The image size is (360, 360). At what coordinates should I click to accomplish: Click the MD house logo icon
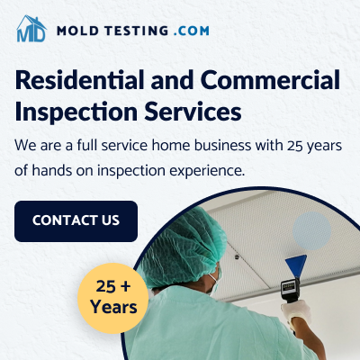(31, 29)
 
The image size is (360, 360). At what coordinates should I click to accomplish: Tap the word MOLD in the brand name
(77, 31)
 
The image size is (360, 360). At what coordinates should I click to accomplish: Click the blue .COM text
(192, 31)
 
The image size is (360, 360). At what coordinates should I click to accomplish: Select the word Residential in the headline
(80, 80)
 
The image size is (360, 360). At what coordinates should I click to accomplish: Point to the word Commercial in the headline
(271, 80)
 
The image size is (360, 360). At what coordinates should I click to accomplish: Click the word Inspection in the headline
(76, 112)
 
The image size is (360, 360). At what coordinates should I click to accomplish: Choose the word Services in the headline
(193, 112)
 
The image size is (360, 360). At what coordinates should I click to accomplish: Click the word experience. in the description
(207, 171)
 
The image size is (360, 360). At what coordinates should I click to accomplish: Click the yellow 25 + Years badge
(113, 298)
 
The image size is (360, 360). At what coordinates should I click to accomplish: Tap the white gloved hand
(296, 313)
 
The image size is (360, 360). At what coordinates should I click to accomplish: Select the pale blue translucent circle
(311, 230)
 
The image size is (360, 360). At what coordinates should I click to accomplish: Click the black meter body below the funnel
(290, 290)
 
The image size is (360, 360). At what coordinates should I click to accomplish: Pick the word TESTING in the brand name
(137, 31)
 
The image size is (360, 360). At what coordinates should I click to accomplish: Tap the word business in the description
(222, 146)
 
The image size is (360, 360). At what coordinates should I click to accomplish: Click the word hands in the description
(51, 171)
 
